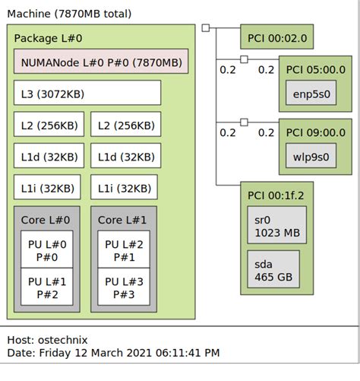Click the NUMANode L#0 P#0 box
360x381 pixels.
tap(100, 62)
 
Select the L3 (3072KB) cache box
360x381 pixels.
tap(87, 93)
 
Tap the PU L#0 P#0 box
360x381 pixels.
tap(46, 251)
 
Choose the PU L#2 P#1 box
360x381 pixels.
tap(124, 251)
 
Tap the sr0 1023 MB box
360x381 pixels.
tap(276, 227)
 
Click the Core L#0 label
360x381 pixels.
tap(46, 219)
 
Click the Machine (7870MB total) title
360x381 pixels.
tap(69, 13)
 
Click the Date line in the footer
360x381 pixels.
tap(114, 353)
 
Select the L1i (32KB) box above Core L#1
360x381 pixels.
tap(124, 187)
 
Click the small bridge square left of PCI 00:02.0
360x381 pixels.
tap(206, 29)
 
